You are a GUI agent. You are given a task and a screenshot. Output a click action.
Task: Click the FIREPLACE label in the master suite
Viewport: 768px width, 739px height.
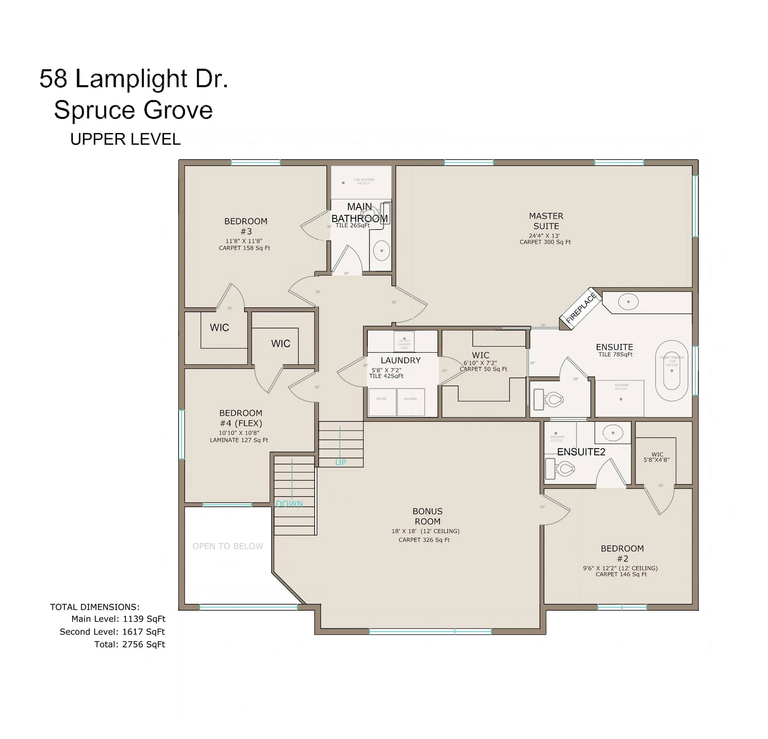[581, 308]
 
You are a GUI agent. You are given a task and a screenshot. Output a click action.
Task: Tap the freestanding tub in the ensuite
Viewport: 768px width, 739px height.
[672, 370]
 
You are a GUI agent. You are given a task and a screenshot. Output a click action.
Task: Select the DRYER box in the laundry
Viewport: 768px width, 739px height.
[382, 402]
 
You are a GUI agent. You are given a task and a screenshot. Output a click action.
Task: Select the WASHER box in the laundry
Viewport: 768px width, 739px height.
[411, 402]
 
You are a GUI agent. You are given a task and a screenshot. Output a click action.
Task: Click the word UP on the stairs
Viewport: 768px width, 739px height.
[340, 463]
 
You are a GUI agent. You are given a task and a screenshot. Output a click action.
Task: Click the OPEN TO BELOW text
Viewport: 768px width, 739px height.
[228, 546]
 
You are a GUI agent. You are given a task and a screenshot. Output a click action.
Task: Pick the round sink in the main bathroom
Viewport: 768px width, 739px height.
[381, 250]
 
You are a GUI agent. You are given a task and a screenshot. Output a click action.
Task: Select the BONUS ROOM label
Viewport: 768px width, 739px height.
[428, 516]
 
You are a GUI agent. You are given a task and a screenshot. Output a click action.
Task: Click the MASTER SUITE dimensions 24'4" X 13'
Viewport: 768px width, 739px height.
[544, 236]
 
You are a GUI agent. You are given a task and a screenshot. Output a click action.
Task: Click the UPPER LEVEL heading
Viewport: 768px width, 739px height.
[125, 140]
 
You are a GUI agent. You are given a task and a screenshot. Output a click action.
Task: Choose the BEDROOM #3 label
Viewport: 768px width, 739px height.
[246, 226]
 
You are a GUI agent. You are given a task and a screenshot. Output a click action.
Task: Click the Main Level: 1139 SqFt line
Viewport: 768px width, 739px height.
[118, 619]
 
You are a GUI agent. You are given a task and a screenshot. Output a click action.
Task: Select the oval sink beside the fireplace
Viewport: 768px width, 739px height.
[628, 302]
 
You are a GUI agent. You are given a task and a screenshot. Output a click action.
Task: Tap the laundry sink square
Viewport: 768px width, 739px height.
[404, 341]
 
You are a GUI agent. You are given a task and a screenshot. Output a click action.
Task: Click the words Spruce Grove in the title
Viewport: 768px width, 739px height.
[133, 110]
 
